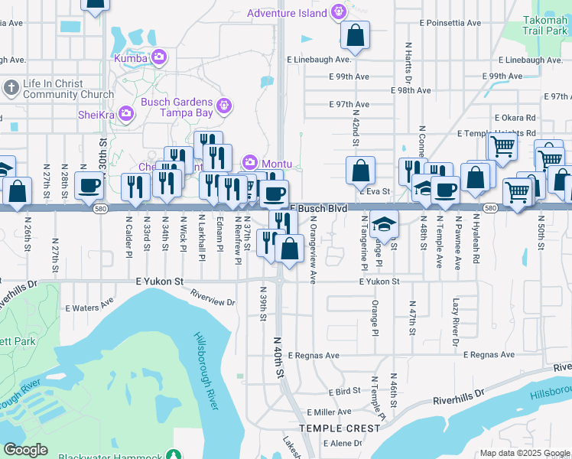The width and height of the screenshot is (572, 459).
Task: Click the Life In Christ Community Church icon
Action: (11, 87)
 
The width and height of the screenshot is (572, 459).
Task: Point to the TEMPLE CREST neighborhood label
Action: (340, 428)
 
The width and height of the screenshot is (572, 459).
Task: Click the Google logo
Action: (25, 450)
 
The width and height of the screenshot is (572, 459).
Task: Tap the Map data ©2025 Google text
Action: (524, 453)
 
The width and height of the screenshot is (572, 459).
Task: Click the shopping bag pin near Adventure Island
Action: (355, 35)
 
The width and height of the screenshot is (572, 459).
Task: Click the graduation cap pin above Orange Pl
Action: (384, 224)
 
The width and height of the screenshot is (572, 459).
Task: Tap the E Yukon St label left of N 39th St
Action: (161, 282)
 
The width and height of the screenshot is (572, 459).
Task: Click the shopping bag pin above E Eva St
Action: (360, 171)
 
